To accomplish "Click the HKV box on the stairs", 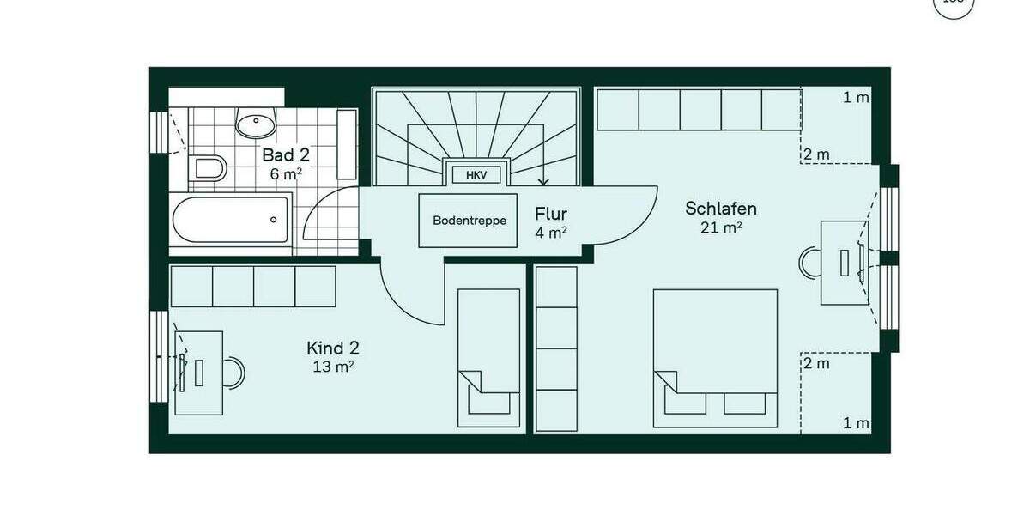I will point(476,175).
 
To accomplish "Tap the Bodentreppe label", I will point(470,221).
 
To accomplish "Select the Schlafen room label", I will point(721,209).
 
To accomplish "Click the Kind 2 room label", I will point(333,348).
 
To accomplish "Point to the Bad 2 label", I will point(286,155).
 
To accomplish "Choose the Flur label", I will point(550,214).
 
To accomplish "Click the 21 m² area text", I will point(721,227).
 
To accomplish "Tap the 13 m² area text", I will point(333,367).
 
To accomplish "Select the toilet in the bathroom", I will point(209,167).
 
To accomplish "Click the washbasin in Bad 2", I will point(255,126).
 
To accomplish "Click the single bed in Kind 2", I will point(488,357).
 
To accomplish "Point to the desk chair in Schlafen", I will point(809,264).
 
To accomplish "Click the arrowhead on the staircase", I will point(543,181).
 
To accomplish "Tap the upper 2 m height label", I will point(816,154).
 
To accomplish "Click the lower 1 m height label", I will point(855,423).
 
